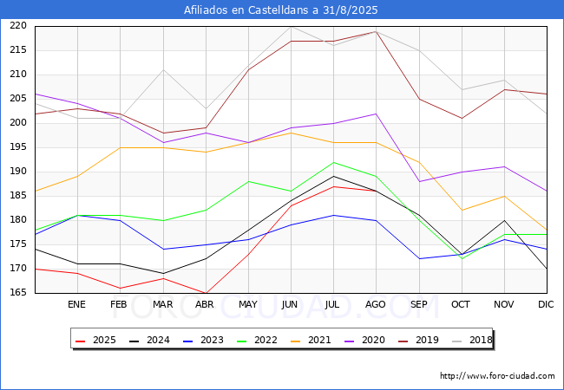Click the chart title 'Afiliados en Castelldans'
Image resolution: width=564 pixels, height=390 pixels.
click(281, 10)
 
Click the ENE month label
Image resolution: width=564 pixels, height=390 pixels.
click(77, 305)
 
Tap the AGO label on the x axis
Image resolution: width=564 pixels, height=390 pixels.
click(376, 305)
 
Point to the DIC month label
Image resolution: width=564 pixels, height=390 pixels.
click(546, 305)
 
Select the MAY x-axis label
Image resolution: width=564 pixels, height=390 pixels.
click(247, 305)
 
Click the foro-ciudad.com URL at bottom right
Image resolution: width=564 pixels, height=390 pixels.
click(497, 376)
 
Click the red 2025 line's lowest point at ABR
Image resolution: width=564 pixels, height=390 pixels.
click(206, 293)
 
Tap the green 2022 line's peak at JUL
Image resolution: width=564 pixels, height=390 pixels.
click(333, 162)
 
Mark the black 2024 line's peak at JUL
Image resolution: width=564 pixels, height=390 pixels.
click(333, 176)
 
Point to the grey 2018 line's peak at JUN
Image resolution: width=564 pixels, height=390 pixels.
click(291, 26)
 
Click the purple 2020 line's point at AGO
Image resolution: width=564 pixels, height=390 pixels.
click(376, 114)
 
